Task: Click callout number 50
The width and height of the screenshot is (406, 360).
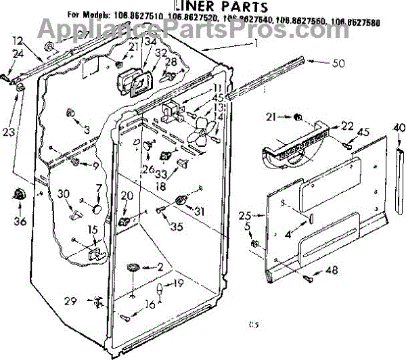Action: click(x=338, y=64)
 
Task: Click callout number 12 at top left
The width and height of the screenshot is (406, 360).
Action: click(x=17, y=41)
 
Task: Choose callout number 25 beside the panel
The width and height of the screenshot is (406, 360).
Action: click(x=244, y=215)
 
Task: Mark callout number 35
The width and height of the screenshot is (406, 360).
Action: click(x=177, y=227)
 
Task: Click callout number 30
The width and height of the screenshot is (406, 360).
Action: click(x=64, y=194)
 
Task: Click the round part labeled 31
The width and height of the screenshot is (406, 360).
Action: click(x=181, y=199)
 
